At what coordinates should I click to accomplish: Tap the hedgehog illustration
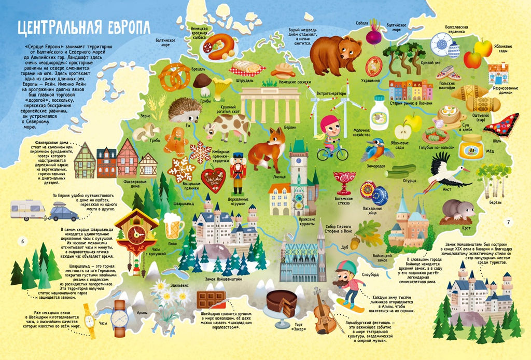tap(185, 110)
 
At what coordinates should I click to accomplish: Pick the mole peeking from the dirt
tap(458, 210)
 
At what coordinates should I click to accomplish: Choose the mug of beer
tap(174, 227)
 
